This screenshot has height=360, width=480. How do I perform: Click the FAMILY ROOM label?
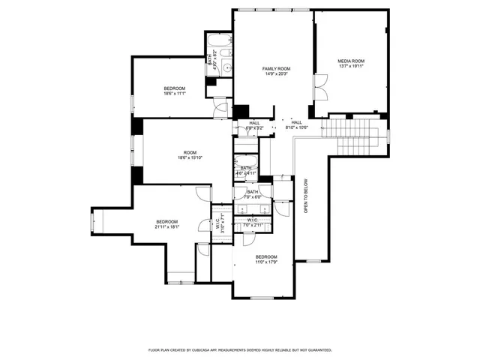pos(275,68)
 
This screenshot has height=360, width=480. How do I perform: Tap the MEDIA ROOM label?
pos(351,61)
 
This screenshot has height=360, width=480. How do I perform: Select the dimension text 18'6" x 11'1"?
pos(175,94)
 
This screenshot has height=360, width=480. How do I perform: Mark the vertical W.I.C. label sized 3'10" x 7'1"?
pos(218,223)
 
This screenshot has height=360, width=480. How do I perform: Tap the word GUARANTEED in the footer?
pos(318,349)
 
